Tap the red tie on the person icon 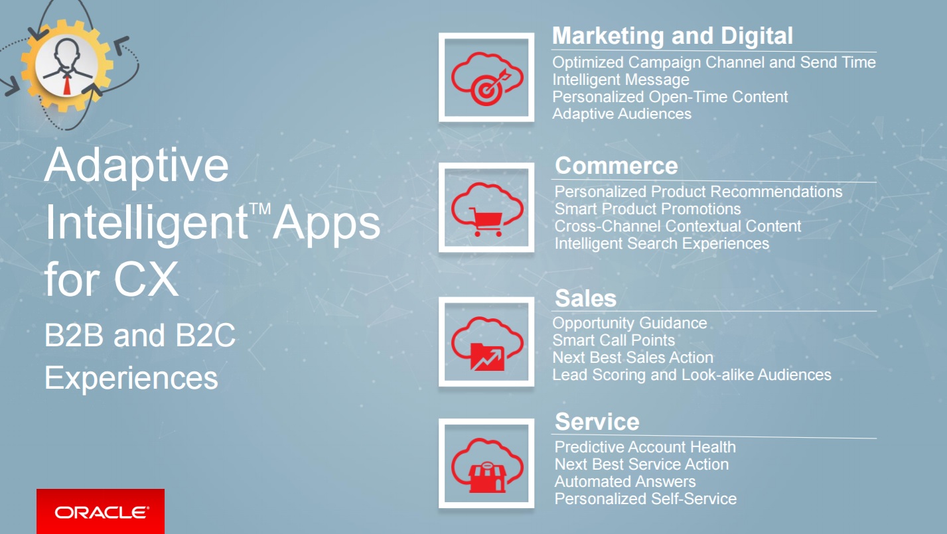click(x=67, y=84)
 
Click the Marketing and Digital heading click(x=672, y=35)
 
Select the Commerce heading click(x=616, y=166)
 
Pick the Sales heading click(x=585, y=299)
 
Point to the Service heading click(x=597, y=422)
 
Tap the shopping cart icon click(x=486, y=222)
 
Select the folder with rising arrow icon click(x=488, y=357)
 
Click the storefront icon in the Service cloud click(x=487, y=478)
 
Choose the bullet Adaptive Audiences click(x=621, y=114)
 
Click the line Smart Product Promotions click(x=648, y=209)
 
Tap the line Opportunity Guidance click(x=630, y=324)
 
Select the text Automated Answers click(x=625, y=482)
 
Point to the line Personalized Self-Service click(x=646, y=499)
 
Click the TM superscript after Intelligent click(x=259, y=209)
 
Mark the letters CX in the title click(x=146, y=279)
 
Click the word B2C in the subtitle click(x=205, y=336)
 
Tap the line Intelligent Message click(x=620, y=80)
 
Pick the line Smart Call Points click(x=613, y=340)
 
